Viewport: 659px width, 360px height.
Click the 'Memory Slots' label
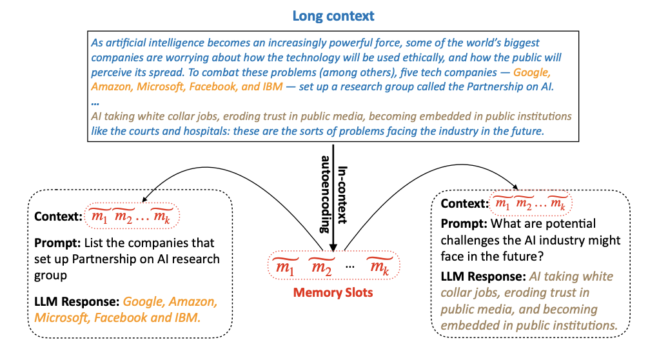[333, 292]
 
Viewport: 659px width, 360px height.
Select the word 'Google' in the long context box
[532, 73]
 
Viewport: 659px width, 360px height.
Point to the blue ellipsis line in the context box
[95, 102]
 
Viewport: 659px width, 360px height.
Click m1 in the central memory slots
[283, 266]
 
